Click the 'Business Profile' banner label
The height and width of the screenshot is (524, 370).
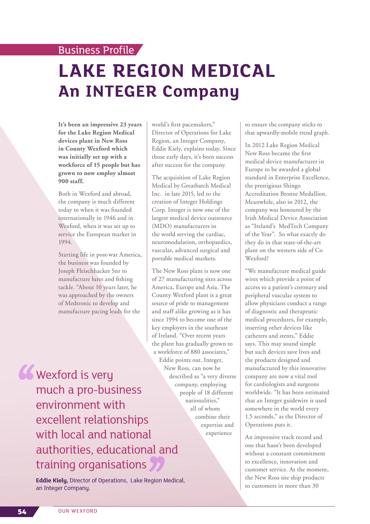[96, 50]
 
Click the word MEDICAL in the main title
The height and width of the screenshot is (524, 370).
[233, 71]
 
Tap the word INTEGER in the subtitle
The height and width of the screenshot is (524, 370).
[121, 91]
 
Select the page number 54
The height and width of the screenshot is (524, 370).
[22, 512]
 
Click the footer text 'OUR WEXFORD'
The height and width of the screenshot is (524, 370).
[78, 511]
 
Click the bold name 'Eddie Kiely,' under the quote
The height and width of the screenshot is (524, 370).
[52, 480]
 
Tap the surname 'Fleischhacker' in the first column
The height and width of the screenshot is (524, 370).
[93, 271]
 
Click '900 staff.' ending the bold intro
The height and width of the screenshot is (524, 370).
[71, 181]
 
